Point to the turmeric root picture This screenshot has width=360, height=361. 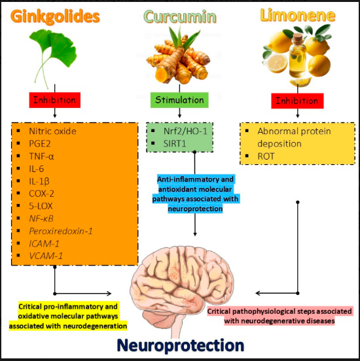(x=179, y=56)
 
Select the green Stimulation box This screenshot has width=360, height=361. (x=179, y=101)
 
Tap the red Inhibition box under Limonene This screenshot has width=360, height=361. (x=298, y=101)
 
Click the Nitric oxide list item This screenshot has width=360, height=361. (x=52, y=131)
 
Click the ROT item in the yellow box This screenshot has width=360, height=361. (x=267, y=157)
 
